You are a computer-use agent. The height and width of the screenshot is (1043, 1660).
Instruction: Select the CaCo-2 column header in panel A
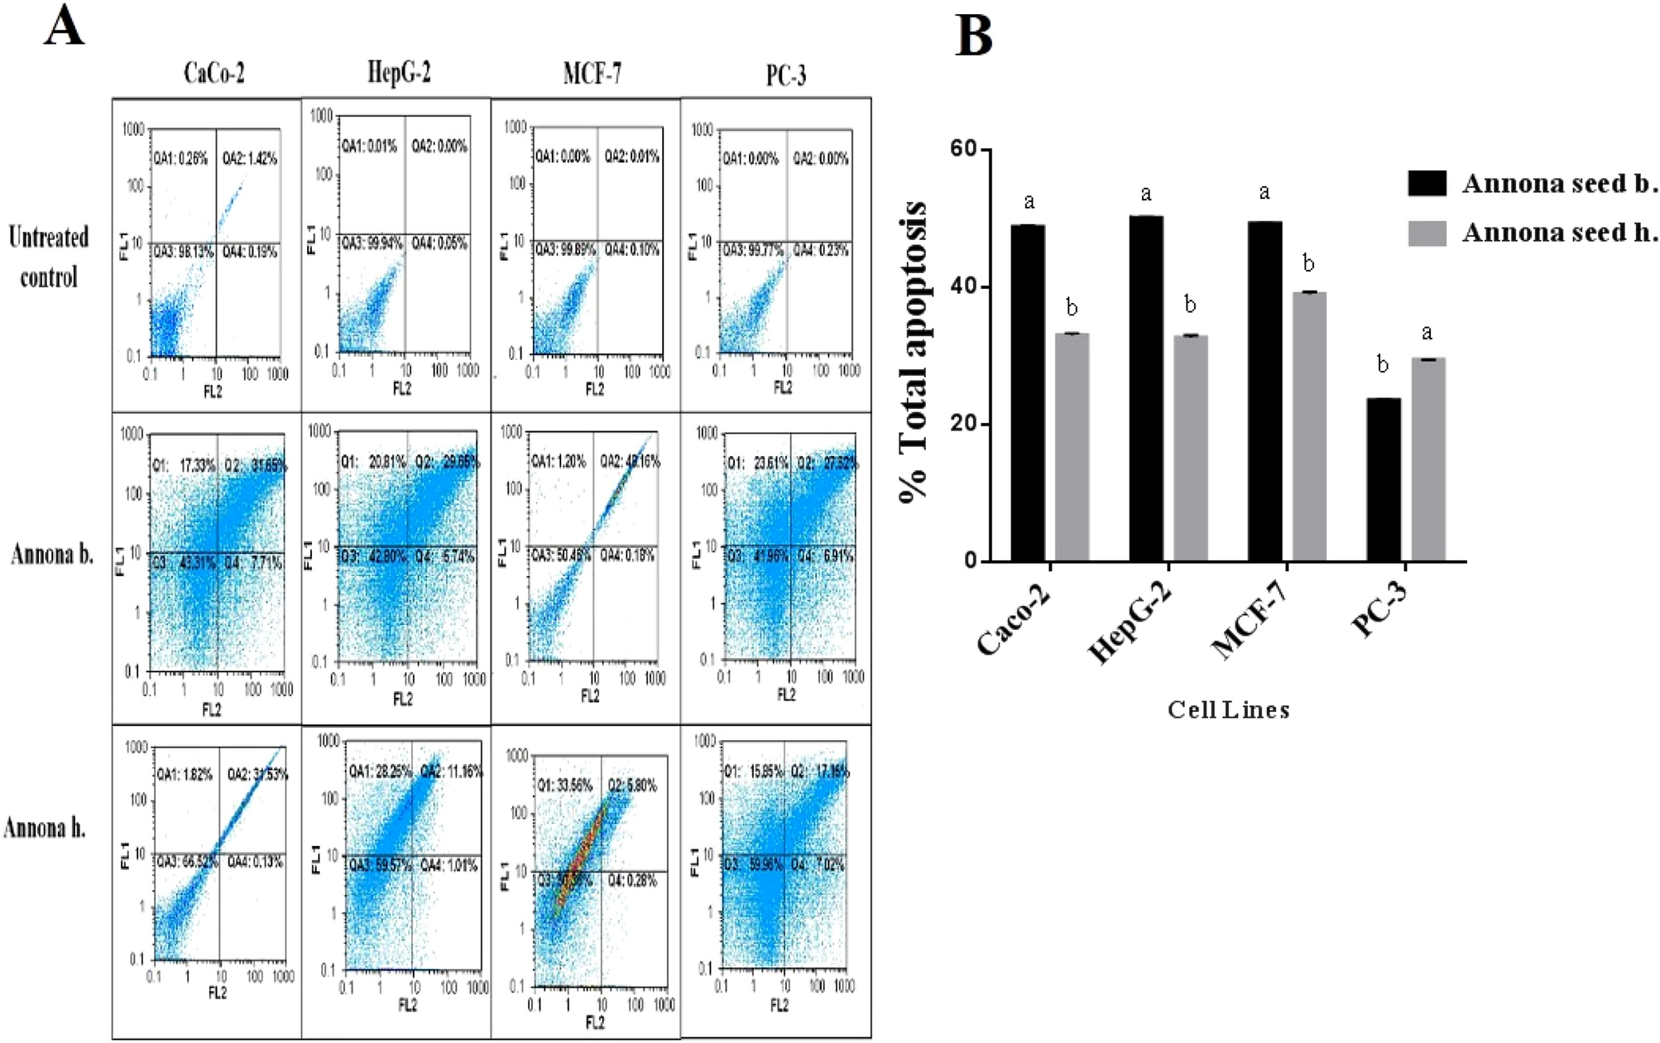coord(213,74)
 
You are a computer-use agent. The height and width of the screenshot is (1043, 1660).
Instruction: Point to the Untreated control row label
coord(48,257)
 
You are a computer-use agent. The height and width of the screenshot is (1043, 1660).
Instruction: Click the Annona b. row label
coord(51,554)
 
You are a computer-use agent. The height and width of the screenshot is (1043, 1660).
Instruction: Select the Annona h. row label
coord(45,828)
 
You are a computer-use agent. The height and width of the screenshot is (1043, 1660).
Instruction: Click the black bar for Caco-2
coord(1028,393)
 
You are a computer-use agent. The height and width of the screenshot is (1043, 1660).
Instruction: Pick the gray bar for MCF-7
coord(1308,426)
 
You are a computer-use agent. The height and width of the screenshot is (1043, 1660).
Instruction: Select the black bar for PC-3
coord(1383,480)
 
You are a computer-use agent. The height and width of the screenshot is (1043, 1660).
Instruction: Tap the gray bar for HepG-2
coord(1190,448)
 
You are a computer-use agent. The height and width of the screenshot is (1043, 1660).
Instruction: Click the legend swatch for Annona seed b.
coord(1427,183)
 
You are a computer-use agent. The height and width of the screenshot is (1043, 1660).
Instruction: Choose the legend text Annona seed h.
coord(1559,233)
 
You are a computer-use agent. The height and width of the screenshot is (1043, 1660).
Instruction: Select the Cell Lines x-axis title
coord(1228,709)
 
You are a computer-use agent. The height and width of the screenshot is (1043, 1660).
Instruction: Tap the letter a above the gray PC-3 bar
coord(1427,333)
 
